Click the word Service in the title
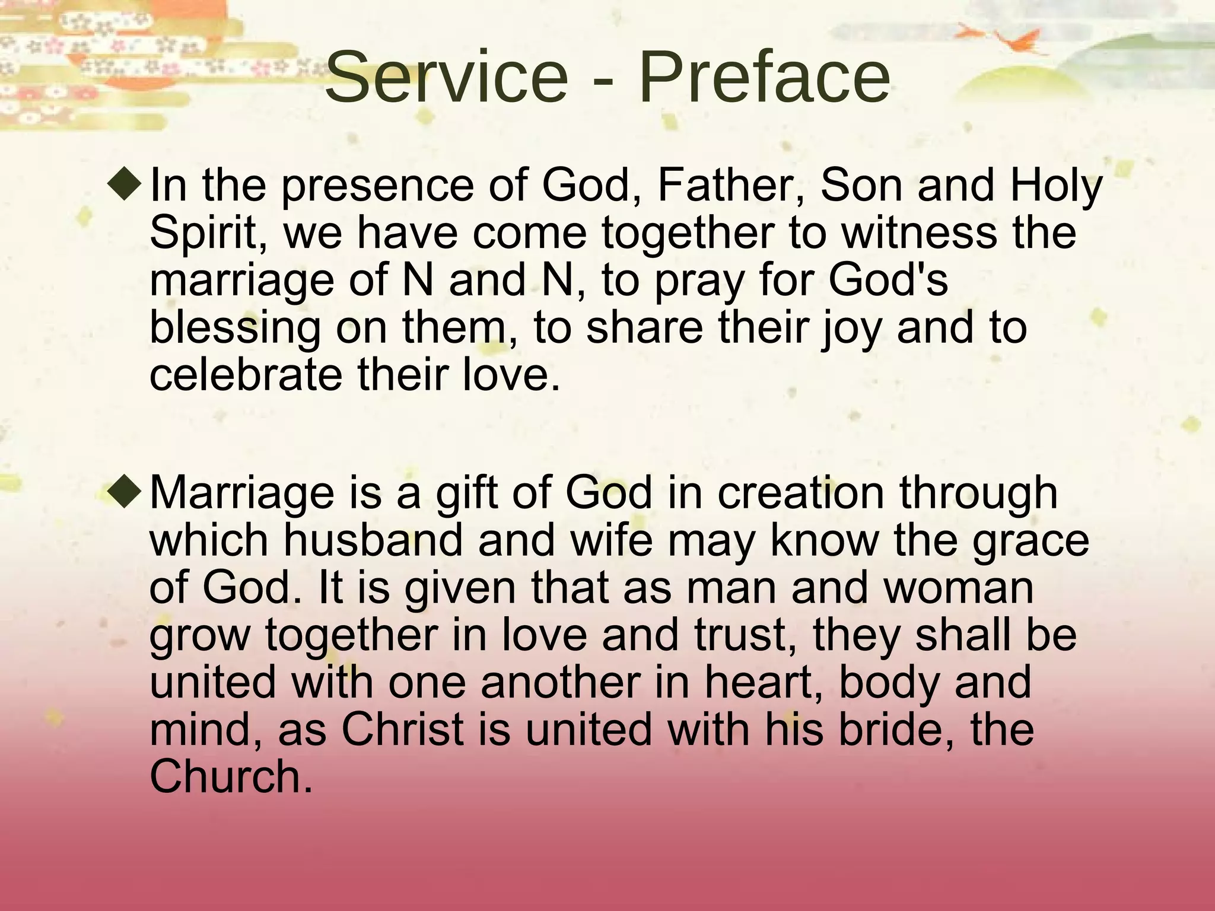coord(446,77)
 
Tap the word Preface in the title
coord(764,77)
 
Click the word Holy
coord(1056,186)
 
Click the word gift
coord(469,493)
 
